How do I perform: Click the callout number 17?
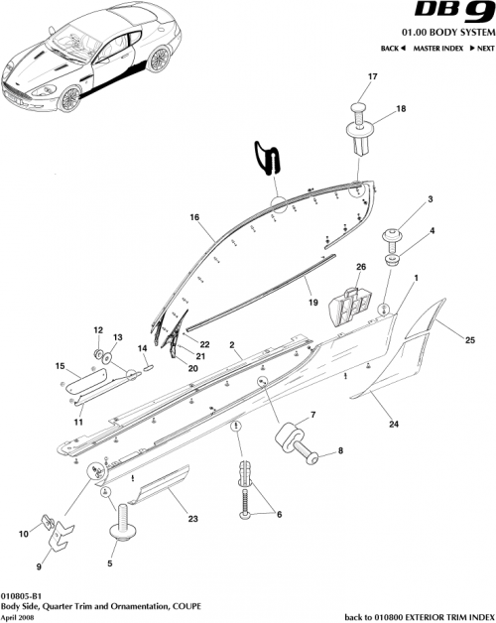[x=373, y=77]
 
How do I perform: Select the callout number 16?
[x=195, y=216]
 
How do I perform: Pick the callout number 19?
[x=310, y=302]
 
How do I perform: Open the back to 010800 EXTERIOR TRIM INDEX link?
[x=417, y=616]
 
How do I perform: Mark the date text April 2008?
[x=20, y=616]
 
